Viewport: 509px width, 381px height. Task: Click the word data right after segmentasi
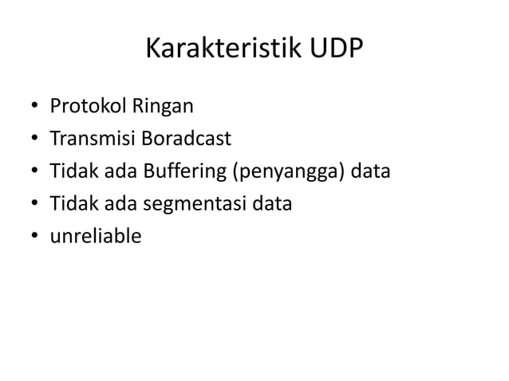tap(272, 204)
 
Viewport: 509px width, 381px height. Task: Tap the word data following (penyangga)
tap(369, 171)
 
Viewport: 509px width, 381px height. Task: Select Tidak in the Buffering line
tap(70, 171)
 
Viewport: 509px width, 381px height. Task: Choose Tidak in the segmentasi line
tap(70, 204)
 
